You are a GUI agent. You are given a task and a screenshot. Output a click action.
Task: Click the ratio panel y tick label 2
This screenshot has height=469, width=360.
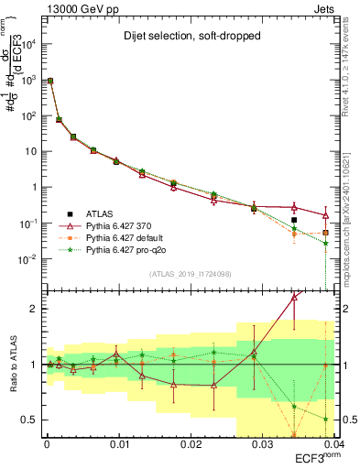[x=36, y=309]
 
